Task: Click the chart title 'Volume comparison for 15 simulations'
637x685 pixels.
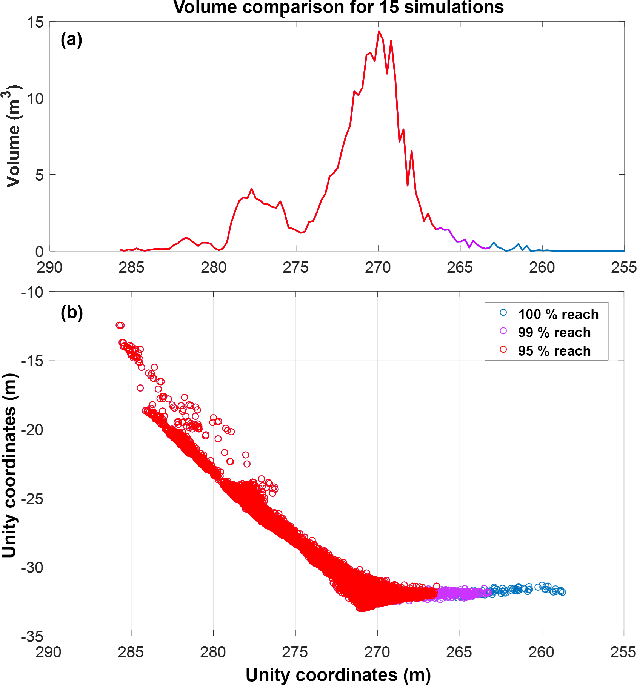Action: (339, 8)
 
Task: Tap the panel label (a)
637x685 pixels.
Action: (71, 40)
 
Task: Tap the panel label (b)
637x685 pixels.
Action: (71, 312)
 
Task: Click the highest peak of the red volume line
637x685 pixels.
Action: (379, 32)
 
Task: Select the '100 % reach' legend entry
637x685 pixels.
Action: (558, 314)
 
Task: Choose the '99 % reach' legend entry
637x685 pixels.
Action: (554, 332)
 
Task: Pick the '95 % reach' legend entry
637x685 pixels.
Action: (554, 351)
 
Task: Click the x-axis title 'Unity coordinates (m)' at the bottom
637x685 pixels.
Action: (338, 675)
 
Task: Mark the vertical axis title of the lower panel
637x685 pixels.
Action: (10, 466)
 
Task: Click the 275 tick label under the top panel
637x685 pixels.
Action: (295, 268)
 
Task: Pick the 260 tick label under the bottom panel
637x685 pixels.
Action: (541, 653)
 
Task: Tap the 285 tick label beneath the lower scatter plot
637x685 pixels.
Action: (131, 653)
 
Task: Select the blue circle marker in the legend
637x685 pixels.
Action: (503, 312)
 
